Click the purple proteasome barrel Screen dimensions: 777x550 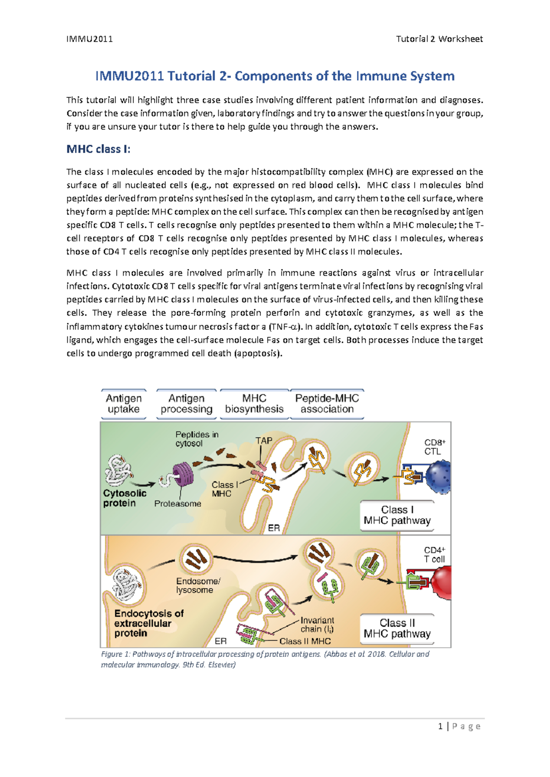(x=182, y=475)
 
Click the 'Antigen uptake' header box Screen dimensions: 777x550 (x=124, y=404)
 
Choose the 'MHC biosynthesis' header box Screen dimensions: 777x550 (x=254, y=404)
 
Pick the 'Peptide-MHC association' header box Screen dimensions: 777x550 (x=327, y=404)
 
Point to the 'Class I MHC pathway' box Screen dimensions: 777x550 (x=397, y=515)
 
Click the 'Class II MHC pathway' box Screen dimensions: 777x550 (x=397, y=629)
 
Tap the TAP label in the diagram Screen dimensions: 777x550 (x=264, y=441)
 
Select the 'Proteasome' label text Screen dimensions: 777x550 (x=177, y=503)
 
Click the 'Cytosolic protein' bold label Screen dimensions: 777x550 (x=125, y=498)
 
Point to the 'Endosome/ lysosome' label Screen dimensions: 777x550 (x=198, y=585)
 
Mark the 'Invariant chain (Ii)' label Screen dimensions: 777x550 (x=317, y=624)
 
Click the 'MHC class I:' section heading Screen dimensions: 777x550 (x=98, y=149)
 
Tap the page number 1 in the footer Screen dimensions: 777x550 (x=440, y=726)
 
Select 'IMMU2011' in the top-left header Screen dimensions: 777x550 (x=89, y=39)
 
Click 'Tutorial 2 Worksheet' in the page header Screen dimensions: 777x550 (x=439, y=39)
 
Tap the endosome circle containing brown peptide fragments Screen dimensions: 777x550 (x=196, y=558)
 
